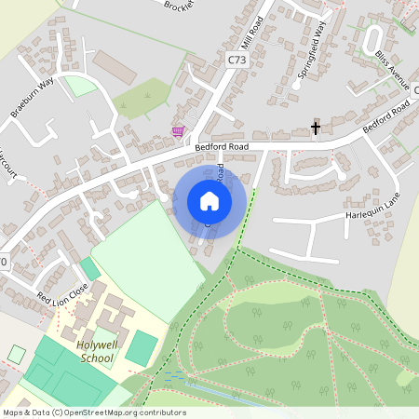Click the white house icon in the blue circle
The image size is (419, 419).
pyautogui.click(x=209, y=201)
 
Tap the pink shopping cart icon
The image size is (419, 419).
pyautogui.click(x=178, y=132)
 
